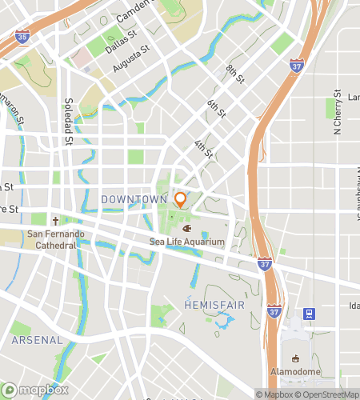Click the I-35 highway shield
(x=22, y=36)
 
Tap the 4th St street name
(x=204, y=148)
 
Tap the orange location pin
(x=181, y=200)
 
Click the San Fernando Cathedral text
(x=54, y=239)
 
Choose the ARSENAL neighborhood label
(x=37, y=340)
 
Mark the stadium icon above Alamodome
(x=296, y=358)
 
